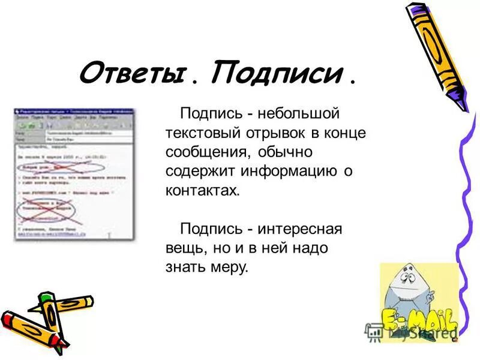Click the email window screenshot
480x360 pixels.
click(74, 174)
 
